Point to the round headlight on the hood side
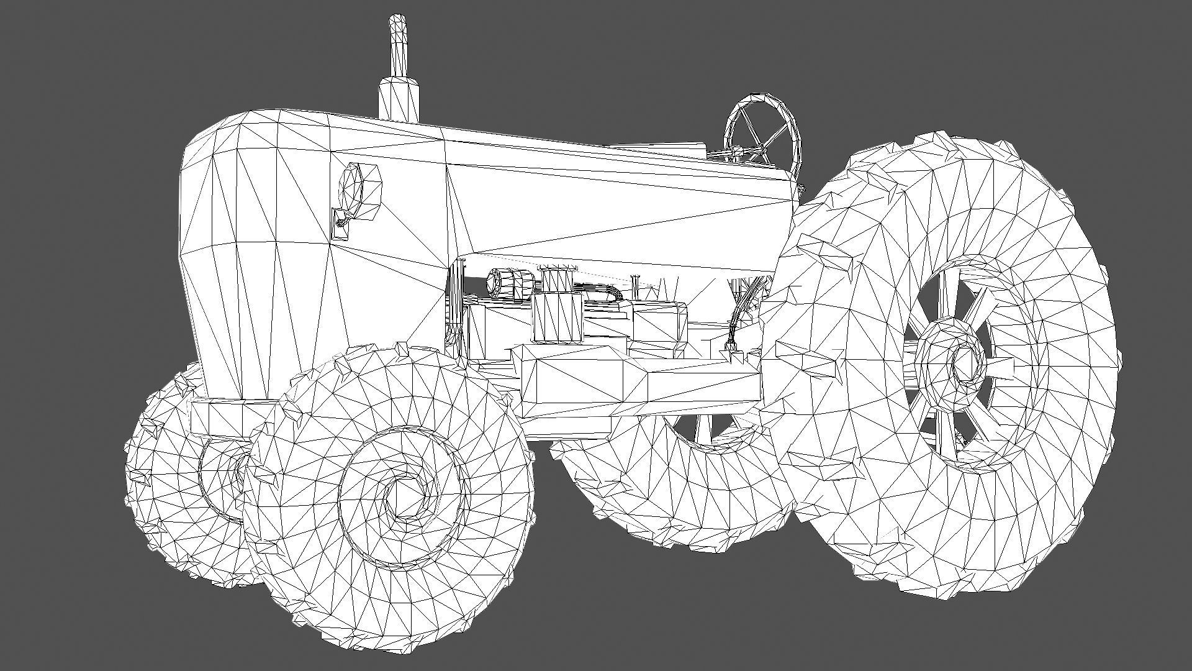click(355, 186)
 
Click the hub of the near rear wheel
click(961, 363)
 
